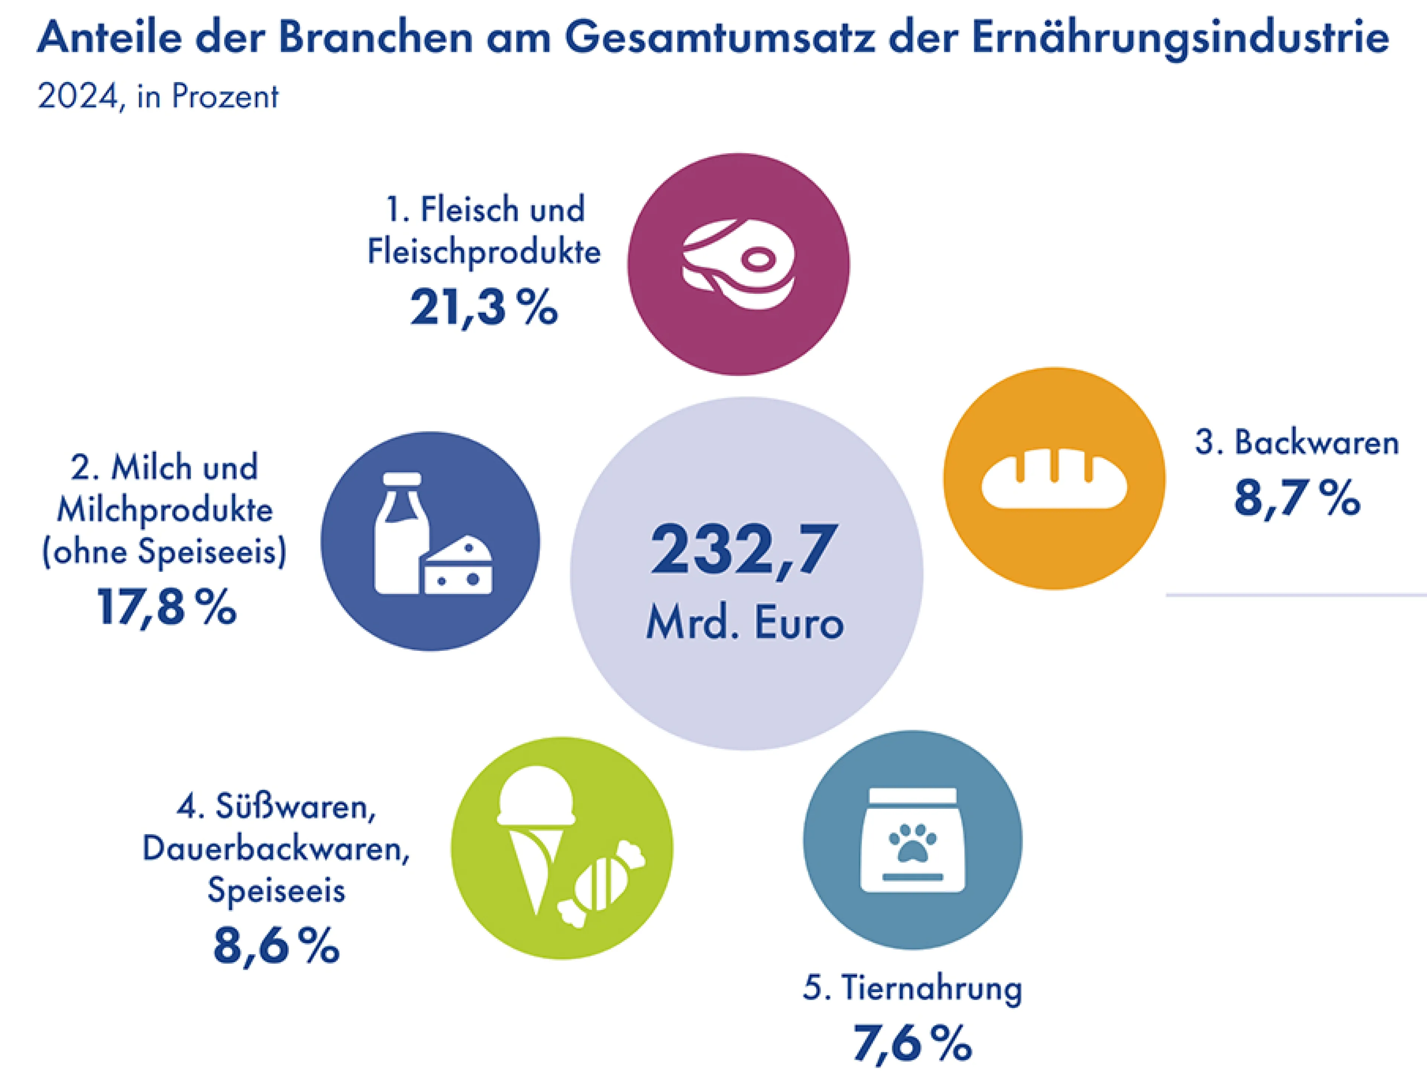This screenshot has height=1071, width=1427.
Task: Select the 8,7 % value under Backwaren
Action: (1297, 499)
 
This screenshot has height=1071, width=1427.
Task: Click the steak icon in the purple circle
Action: (739, 265)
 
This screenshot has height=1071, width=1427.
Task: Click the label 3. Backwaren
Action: (1297, 443)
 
